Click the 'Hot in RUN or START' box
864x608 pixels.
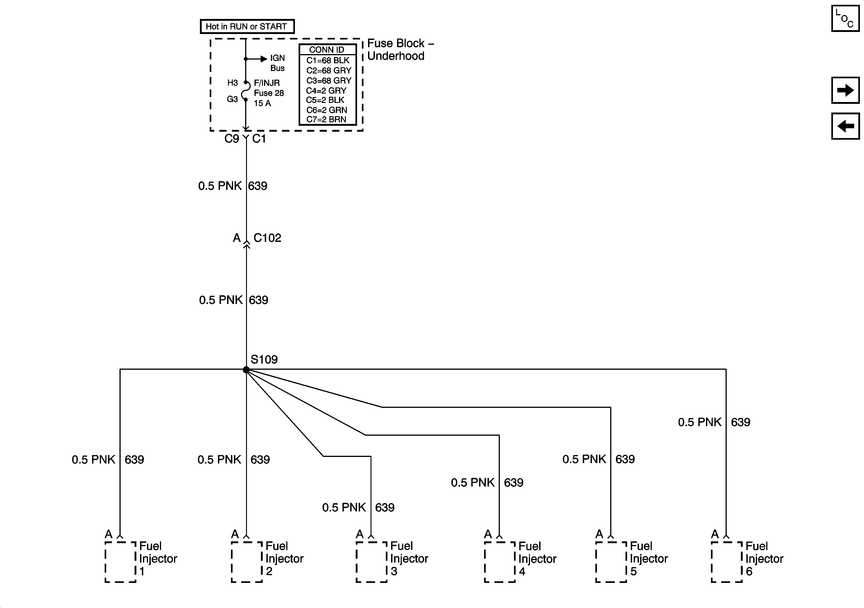coord(247,26)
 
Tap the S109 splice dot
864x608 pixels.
coord(246,370)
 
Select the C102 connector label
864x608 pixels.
coord(267,238)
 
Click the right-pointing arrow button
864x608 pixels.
coord(845,90)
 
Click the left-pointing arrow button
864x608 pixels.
coord(845,126)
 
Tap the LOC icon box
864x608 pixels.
coord(845,18)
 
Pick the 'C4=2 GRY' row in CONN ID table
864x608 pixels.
coord(326,91)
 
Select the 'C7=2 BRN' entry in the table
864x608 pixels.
coord(326,120)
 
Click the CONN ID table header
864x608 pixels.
coord(327,50)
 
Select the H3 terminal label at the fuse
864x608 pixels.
coord(233,83)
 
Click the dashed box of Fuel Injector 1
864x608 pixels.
coord(120,562)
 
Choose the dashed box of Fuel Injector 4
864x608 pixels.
coord(500,562)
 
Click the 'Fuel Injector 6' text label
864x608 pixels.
coord(764,559)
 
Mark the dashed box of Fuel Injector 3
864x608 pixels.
coord(371,562)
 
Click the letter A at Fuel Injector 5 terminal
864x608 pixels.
coord(599,534)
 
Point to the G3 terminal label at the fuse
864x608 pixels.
coord(232,99)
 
